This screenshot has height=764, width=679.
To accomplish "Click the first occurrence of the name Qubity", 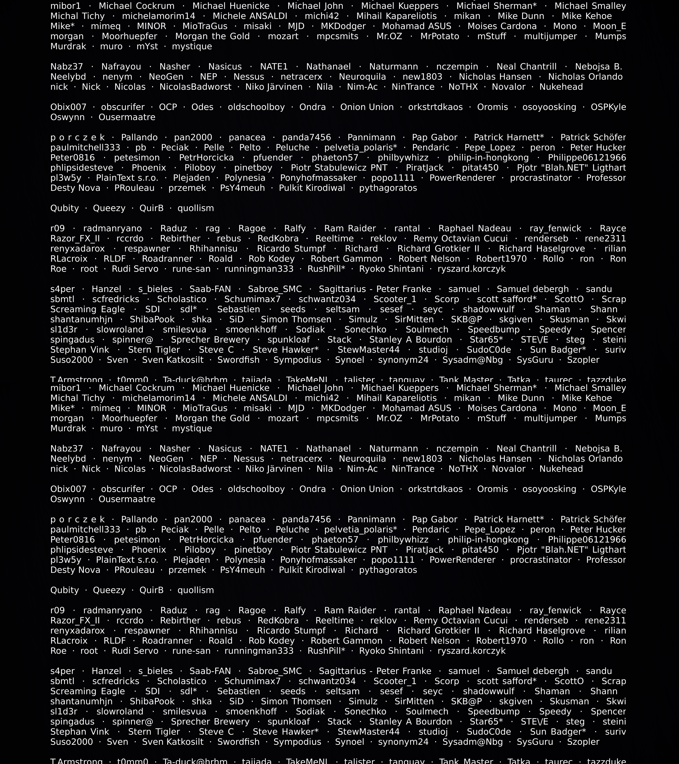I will pyautogui.click(x=65, y=208).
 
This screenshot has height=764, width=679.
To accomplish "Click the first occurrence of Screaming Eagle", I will pyautogui.click(x=87, y=310).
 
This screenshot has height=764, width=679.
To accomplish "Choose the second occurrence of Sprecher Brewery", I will pyautogui.click(x=210, y=722).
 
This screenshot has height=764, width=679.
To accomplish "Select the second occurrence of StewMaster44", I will pyautogui.click(x=369, y=732).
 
